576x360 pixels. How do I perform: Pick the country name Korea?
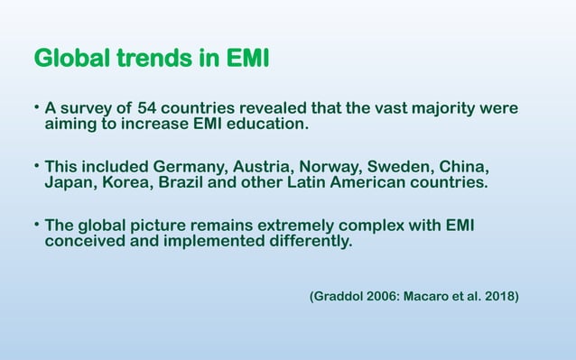(126, 184)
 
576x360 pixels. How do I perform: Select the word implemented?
(204, 242)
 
